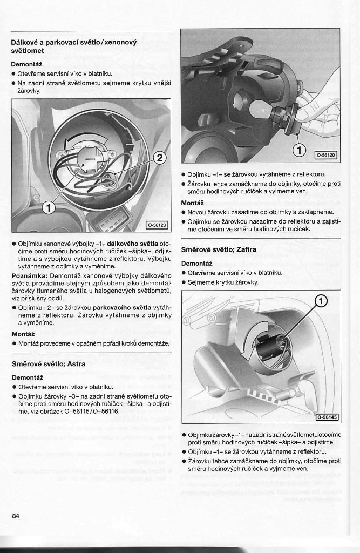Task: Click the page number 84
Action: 16,516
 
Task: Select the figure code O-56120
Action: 326,155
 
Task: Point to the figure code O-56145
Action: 327,417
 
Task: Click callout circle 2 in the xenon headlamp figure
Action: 159,158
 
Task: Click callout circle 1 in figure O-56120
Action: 298,150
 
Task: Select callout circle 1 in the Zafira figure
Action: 321,301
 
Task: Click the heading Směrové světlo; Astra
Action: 49,364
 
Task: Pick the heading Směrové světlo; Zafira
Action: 219,249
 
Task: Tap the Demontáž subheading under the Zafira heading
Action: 196,263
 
